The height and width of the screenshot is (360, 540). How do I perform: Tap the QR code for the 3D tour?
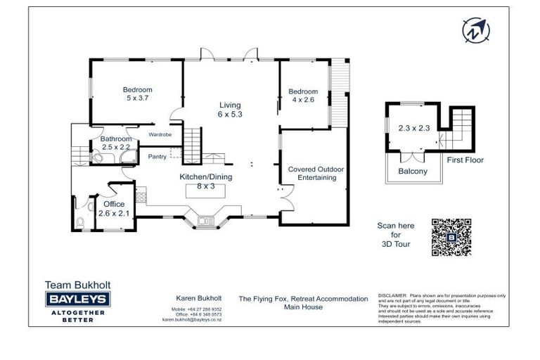tap(451, 236)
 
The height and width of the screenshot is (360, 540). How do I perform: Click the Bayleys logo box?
tap(78, 299)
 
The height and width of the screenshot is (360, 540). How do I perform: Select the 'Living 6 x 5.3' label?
tap(229, 110)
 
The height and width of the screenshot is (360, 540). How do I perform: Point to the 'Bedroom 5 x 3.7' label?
tap(137, 94)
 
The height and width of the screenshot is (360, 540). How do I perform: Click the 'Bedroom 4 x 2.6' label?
tap(303, 96)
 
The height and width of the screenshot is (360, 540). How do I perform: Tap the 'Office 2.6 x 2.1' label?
tap(114, 209)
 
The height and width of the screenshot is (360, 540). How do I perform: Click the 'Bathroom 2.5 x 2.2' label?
tap(115, 143)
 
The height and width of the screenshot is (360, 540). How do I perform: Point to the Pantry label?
tap(157, 157)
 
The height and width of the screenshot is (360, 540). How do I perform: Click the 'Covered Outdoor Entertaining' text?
tap(311, 174)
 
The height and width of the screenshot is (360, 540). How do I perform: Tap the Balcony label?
tap(413, 171)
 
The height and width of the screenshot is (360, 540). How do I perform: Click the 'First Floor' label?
tap(465, 160)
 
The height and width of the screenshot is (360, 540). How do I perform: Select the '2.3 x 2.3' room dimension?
tap(413, 128)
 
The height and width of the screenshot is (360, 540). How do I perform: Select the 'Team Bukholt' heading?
tap(77, 285)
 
